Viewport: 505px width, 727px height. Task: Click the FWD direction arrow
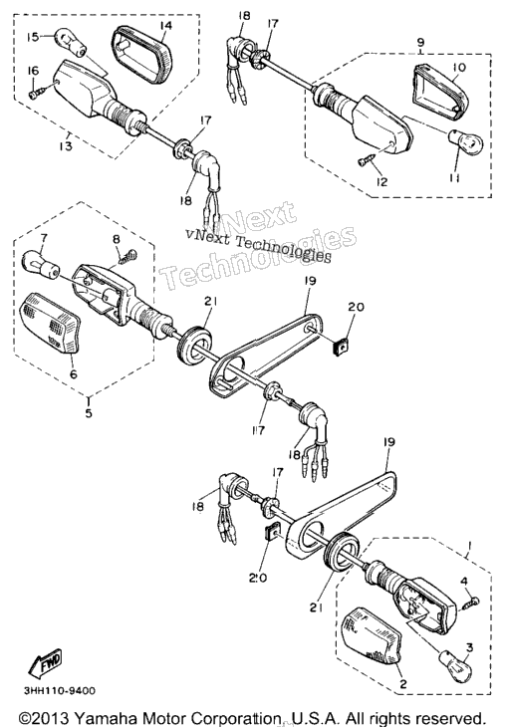tap(45, 663)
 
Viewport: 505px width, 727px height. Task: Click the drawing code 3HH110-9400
tap(60, 691)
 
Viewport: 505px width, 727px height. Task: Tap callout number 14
tap(165, 25)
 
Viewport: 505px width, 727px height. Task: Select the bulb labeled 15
tap(71, 41)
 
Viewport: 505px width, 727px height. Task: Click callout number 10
tap(458, 68)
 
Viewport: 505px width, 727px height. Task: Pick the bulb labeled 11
tap(465, 141)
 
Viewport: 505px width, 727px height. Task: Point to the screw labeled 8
tap(128, 256)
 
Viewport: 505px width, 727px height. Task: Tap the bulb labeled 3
tap(456, 665)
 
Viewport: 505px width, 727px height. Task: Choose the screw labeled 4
tap(471, 602)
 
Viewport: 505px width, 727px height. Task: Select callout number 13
tap(66, 146)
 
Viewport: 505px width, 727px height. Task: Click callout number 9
tap(420, 42)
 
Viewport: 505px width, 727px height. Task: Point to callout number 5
tap(89, 412)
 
